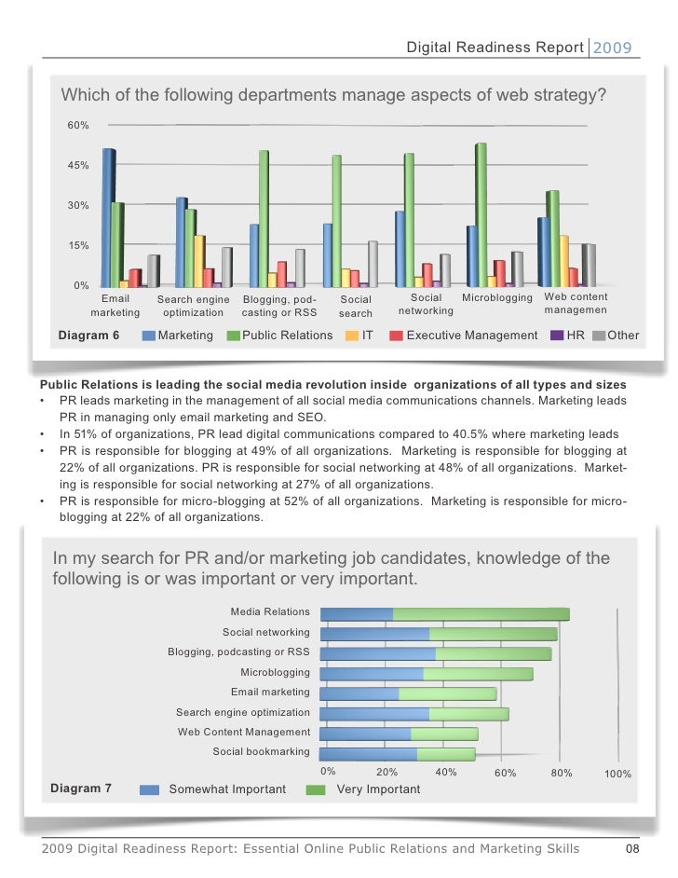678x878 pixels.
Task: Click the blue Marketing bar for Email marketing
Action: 109,217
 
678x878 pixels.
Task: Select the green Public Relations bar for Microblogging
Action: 481,214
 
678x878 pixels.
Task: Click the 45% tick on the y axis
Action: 78,165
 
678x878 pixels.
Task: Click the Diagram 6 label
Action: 88,335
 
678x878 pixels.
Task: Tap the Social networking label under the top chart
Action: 426,305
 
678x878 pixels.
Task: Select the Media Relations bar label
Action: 270,611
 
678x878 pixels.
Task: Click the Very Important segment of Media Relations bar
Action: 481,613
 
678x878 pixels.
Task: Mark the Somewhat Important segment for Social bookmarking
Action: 368,754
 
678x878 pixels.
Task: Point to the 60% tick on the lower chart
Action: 505,773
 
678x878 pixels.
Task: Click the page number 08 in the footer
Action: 631,848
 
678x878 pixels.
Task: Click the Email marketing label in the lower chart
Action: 270,693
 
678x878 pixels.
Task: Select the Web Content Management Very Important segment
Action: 444,734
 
